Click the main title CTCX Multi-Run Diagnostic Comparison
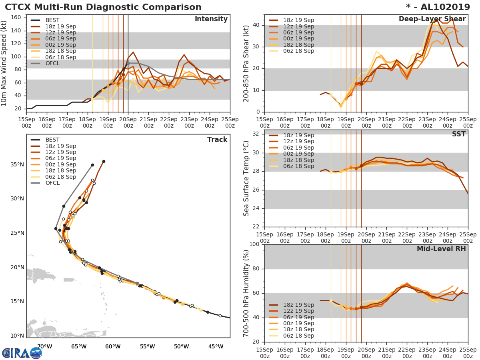(x=103, y=7)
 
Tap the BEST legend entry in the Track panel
(x=52, y=140)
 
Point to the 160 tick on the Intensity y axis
(x=18, y=18)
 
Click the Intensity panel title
(x=211, y=19)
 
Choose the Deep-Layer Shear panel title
(x=432, y=19)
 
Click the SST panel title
(x=458, y=134)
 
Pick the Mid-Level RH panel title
(x=441, y=249)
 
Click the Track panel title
(x=217, y=140)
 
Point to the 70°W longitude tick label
(x=44, y=346)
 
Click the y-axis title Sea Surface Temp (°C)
(x=246, y=178)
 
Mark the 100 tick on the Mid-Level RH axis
(x=254, y=244)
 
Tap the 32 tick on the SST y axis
(x=256, y=134)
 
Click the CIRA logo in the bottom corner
(x=22, y=353)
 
